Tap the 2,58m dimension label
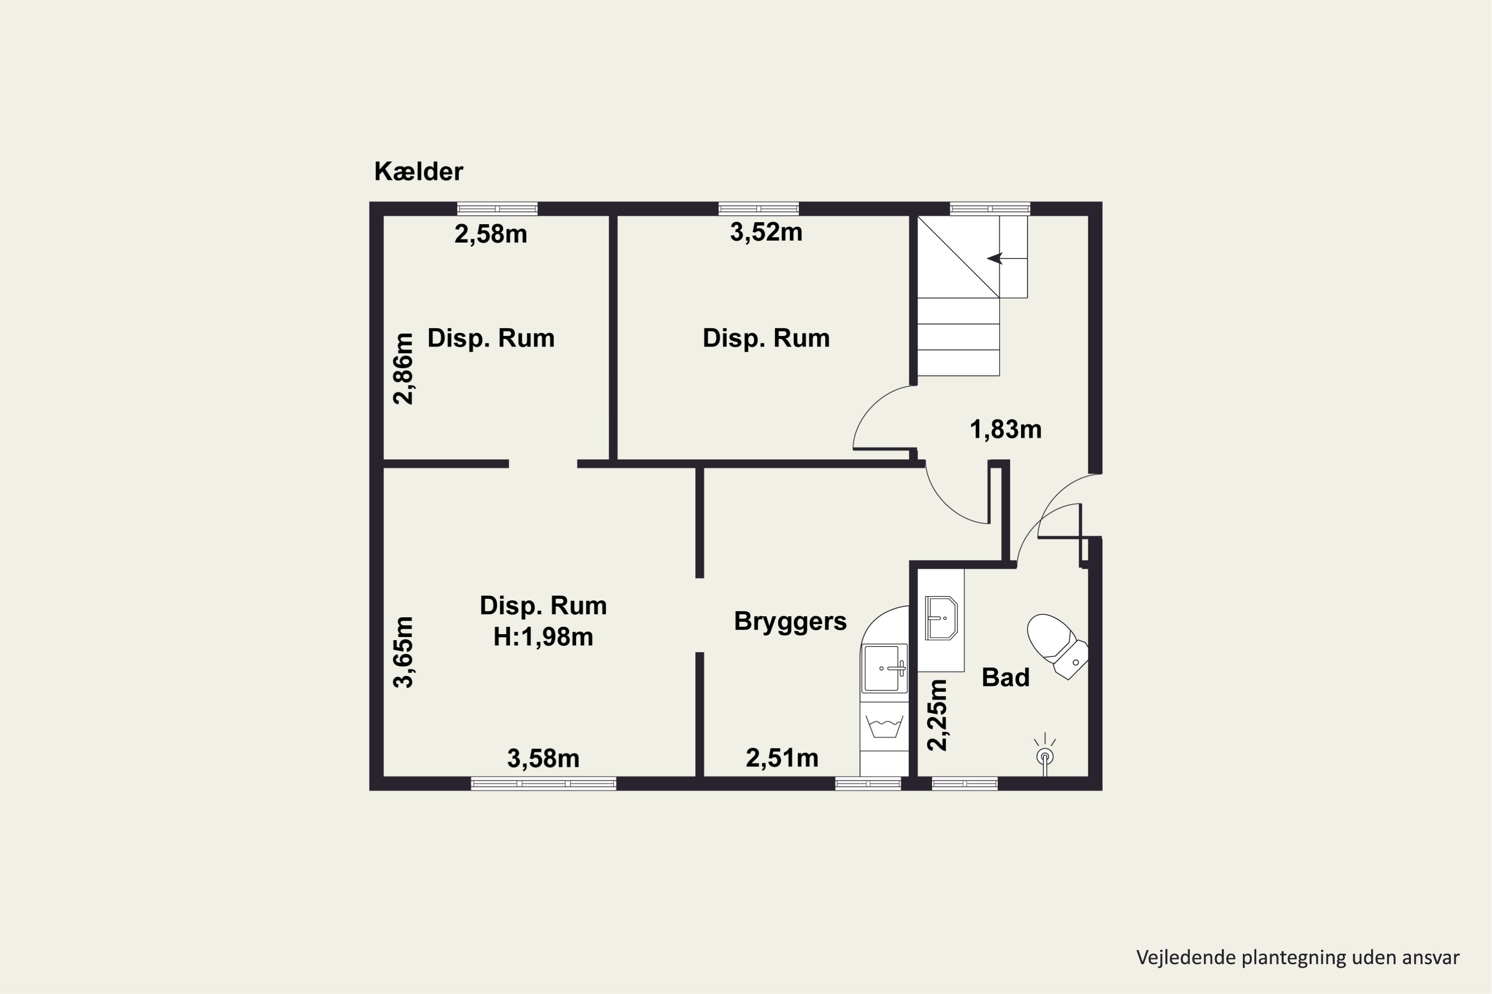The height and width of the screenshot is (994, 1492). coord(491,235)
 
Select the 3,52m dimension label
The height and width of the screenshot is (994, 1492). coord(766,233)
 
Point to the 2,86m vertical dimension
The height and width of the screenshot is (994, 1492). coord(403,368)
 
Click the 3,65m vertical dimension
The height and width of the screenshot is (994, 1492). coord(403,652)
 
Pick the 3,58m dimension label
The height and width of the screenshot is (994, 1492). coord(544,759)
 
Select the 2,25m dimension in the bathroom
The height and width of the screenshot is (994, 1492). coord(937,715)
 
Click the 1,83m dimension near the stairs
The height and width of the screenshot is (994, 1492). coord(1006,430)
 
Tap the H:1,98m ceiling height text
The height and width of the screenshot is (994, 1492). coord(544,637)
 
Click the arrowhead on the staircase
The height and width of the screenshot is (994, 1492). coord(994,258)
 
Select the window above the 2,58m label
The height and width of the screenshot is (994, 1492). coord(497,209)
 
